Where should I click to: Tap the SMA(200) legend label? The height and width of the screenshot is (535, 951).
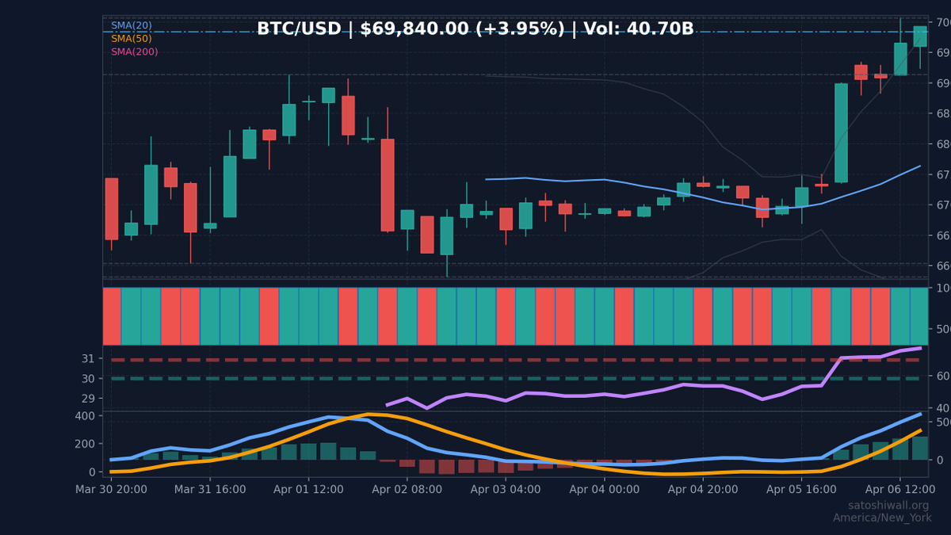click(x=134, y=52)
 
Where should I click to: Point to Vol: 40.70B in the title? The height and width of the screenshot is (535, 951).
click(x=638, y=29)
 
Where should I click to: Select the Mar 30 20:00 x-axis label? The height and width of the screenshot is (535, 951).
click(x=110, y=489)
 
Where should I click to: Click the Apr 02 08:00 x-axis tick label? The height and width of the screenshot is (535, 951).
click(x=407, y=489)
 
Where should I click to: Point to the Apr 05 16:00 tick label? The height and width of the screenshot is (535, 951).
click(x=801, y=489)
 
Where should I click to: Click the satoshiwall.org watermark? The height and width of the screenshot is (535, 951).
click(x=888, y=506)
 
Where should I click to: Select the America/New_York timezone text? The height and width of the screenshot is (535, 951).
click(x=881, y=518)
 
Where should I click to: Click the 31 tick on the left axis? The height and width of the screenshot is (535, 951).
click(x=87, y=358)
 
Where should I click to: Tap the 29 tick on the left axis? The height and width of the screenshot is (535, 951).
click(x=87, y=399)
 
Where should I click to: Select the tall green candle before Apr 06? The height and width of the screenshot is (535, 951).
click(x=841, y=132)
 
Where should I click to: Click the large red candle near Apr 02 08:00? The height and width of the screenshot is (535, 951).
click(x=388, y=185)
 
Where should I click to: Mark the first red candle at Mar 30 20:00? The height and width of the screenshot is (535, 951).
click(x=111, y=208)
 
